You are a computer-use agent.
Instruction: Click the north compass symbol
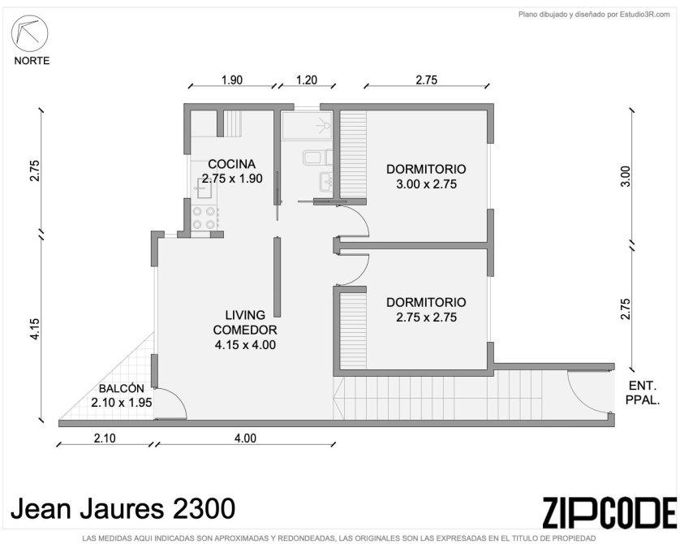tap(29, 33)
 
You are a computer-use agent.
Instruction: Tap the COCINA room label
tap(231, 164)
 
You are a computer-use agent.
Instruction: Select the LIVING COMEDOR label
tap(245, 322)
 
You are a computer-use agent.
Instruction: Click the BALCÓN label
tap(122, 388)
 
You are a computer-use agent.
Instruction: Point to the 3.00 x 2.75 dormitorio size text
tap(426, 184)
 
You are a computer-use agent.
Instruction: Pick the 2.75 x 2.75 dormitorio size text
tap(426, 317)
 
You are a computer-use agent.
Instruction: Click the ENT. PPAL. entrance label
tap(643, 392)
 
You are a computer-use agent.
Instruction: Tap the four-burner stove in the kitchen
tap(204, 218)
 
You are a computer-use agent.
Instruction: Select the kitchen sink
tap(202, 188)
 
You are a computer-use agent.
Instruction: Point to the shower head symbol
tap(324, 125)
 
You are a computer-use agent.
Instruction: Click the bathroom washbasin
tap(325, 181)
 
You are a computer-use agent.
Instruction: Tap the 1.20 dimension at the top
tap(307, 80)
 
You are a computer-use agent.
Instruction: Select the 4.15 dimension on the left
tap(35, 330)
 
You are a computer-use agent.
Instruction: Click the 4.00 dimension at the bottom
tap(245, 438)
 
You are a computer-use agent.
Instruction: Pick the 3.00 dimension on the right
tap(625, 176)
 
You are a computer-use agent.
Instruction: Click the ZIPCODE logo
tap(609, 512)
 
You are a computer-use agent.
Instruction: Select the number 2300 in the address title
tap(204, 508)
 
